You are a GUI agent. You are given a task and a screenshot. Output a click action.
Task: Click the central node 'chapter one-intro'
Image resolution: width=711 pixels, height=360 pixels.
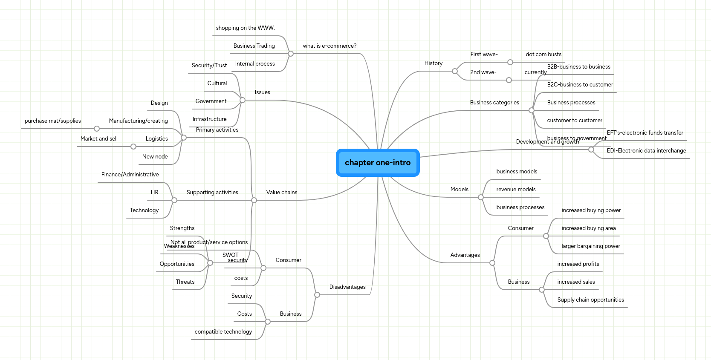click(378, 163)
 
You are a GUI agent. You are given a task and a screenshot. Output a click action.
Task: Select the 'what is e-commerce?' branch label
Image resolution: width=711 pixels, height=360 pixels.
click(329, 46)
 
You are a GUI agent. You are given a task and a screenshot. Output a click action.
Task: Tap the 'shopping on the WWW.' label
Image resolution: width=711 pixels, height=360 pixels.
click(245, 28)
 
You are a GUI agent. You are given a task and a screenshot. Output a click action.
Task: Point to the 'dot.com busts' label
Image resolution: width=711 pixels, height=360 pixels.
click(543, 55)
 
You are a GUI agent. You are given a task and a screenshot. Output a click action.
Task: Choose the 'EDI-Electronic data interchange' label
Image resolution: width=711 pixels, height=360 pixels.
click(646, 151)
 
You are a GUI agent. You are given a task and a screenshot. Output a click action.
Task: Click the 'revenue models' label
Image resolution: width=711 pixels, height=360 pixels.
click(516, 190)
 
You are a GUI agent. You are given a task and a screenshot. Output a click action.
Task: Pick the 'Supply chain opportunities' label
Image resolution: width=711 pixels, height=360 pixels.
click(590, 300)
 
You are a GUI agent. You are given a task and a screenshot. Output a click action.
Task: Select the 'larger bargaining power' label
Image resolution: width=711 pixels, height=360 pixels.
click(590, 246)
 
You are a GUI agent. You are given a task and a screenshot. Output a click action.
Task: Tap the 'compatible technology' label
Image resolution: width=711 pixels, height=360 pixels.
click(223, 332)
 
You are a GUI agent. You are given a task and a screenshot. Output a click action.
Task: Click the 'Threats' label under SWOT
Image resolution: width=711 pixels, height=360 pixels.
click(185, 282)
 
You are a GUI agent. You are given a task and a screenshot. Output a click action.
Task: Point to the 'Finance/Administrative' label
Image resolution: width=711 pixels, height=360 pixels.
click(130, 175)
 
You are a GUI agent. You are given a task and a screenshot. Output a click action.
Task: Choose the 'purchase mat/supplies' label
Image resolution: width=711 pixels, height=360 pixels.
click(53, 121)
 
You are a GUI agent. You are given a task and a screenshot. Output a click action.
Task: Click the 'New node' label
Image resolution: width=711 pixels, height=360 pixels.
click(155, 157)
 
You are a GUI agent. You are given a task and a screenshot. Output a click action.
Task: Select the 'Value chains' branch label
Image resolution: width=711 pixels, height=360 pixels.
click(282, 193)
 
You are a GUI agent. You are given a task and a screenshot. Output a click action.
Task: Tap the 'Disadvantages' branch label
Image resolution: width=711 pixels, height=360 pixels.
click(347, 287)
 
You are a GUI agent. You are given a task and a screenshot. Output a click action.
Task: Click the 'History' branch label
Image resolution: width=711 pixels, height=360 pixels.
click(434, 63)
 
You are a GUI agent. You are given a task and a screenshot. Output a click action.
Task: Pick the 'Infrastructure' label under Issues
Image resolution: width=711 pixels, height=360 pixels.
click(209, 119)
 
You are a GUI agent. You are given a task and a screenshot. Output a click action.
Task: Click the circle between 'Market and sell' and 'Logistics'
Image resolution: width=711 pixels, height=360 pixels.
click(133, 147)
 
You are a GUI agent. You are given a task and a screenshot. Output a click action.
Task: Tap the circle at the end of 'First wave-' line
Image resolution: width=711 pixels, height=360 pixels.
click(510, 62)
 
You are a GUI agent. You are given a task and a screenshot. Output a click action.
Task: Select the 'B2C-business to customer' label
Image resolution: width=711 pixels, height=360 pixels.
click(580, 85)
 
